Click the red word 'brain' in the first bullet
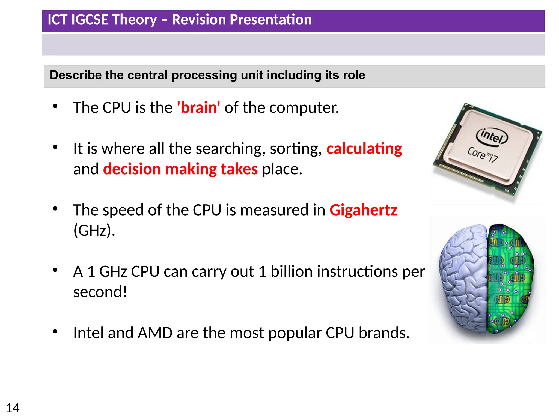click(x=198, y=107)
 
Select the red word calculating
click(x=364, y=149)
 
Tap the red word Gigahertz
click(x=363, y=210)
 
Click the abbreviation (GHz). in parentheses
click(x=94, y=231)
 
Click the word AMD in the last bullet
click(x=155, y=333)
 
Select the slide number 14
click(x=13, y=408)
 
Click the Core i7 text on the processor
click(x=483, y=155)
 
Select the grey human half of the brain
click(x=464, y=278)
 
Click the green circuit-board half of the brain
click(x=509, y=278)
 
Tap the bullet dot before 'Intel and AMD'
click(x=55, y=332)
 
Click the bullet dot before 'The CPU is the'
click(x=55, y=106)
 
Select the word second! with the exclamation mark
click(x=100, y=292)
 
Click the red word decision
click(x=132, y=169)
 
